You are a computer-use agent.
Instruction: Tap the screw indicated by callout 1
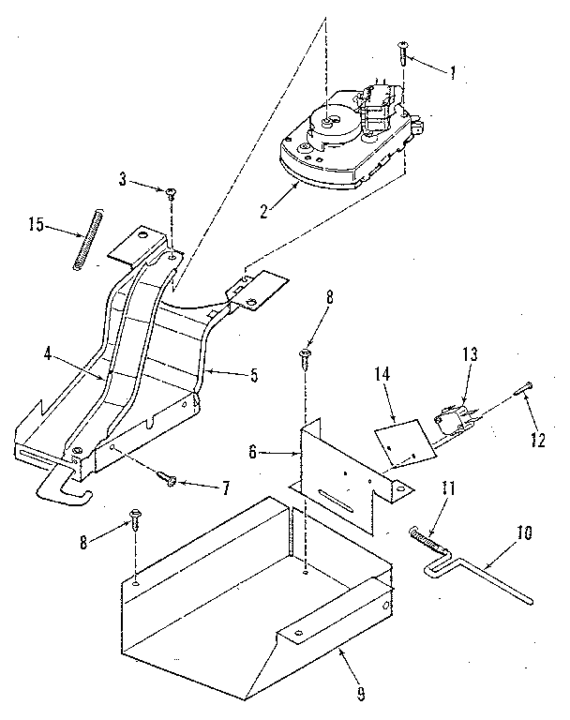click(x=404, y=51)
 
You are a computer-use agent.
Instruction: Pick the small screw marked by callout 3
click(x=172, y=194)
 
